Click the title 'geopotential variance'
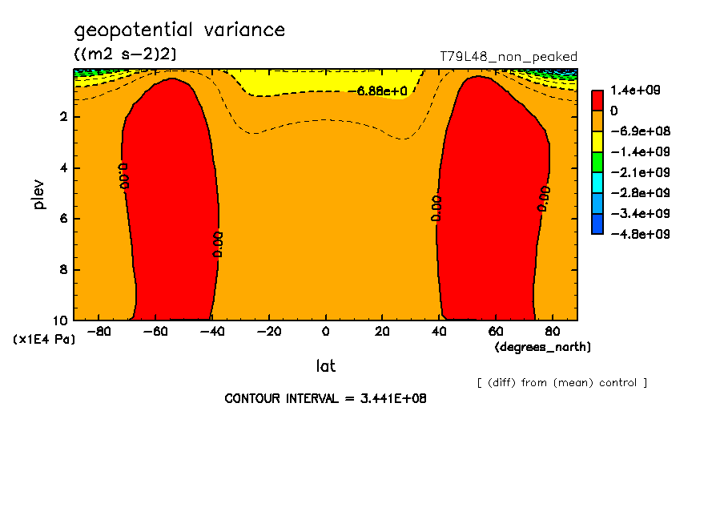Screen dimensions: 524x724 coord(179,30)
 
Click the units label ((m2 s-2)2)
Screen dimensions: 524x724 coord(125,54)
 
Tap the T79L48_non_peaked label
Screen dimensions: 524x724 coord(509,57)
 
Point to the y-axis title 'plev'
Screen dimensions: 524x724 coord(40,194)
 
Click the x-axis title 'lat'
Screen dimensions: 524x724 coord(325,366)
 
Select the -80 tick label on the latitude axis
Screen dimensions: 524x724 coord(99,332)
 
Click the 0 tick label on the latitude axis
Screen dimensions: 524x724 coord(325,332)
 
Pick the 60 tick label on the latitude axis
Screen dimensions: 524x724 coord(496,332)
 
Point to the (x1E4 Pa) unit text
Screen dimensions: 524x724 coord(44,340)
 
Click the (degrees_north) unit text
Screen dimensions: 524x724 coord(543,347)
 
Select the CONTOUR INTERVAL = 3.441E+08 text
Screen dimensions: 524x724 coord(325,398)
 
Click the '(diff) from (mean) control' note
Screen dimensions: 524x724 coord(562,383)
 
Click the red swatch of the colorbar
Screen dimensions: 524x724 coord(597,100)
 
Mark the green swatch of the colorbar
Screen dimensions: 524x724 coord(597,162)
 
